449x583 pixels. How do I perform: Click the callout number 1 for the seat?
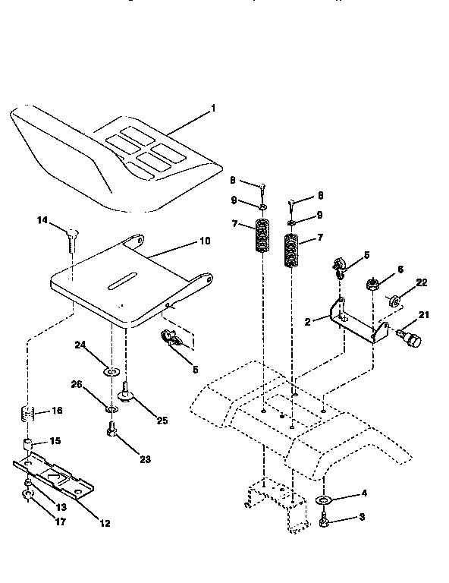point(213,109)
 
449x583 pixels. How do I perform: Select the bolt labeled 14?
point(71,241)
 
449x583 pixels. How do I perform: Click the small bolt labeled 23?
point(111,432)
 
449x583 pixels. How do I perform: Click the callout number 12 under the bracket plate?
point(105,523)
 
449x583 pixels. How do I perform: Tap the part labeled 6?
point(372,285)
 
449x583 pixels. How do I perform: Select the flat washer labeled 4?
point(323,500)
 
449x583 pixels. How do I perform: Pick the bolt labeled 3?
point(324,522)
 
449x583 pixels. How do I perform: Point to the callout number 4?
point(365,494)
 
